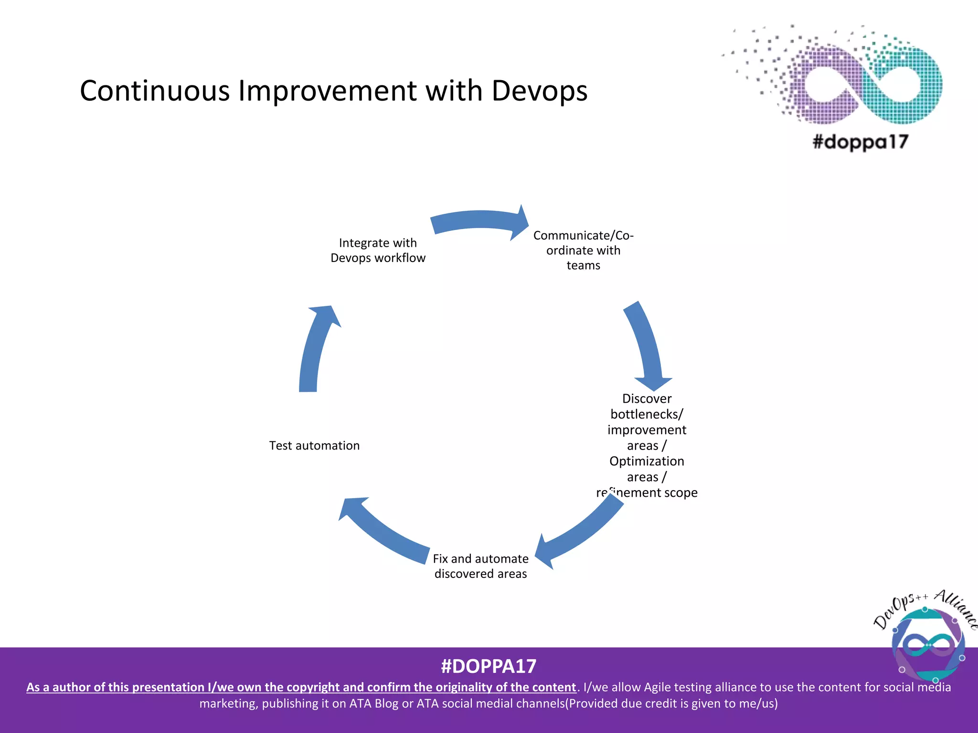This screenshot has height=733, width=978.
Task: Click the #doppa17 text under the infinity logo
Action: click(x=860, y=142)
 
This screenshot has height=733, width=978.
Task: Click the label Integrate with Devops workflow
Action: click(x=378, y=250)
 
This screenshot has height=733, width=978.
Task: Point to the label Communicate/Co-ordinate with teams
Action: click(x=583, y=250)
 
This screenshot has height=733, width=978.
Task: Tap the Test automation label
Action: click(x=314, y=446)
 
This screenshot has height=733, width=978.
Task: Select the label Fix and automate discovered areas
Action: click(x=480, y=566)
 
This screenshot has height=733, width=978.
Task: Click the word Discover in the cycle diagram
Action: click(x=647, y=398)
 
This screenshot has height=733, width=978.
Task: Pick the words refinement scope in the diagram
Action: click(x=647, y=492)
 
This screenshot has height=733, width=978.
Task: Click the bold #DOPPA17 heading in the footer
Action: click(x=489, y=666)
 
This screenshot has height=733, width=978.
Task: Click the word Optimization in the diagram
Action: click(x=647, y=461)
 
